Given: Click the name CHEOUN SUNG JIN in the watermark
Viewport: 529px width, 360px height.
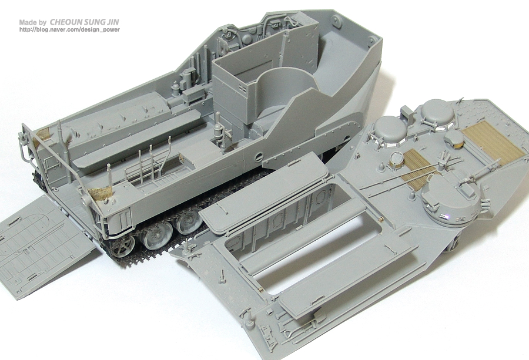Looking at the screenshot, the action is point(84,22).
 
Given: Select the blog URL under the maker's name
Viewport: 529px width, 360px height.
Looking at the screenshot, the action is point(69,30).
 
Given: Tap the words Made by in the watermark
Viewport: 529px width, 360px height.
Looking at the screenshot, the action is point(33,22).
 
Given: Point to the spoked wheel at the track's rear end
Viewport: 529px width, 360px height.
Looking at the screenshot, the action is point(122,245).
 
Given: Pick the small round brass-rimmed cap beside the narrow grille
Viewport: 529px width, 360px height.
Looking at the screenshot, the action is point(396,159).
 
